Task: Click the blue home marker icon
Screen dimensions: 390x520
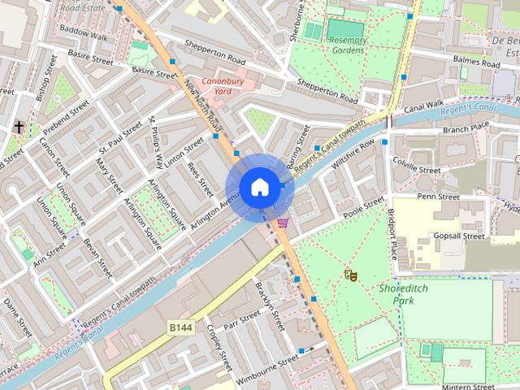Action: tap(258, 188)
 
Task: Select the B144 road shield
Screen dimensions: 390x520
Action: tap(180, 327)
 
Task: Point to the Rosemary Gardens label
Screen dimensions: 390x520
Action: tap(348, 45)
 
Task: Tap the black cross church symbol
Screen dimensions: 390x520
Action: tap(18, 127)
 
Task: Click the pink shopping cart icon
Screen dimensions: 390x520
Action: tap(282, 222)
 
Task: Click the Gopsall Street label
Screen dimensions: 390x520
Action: tap(459, 236)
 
